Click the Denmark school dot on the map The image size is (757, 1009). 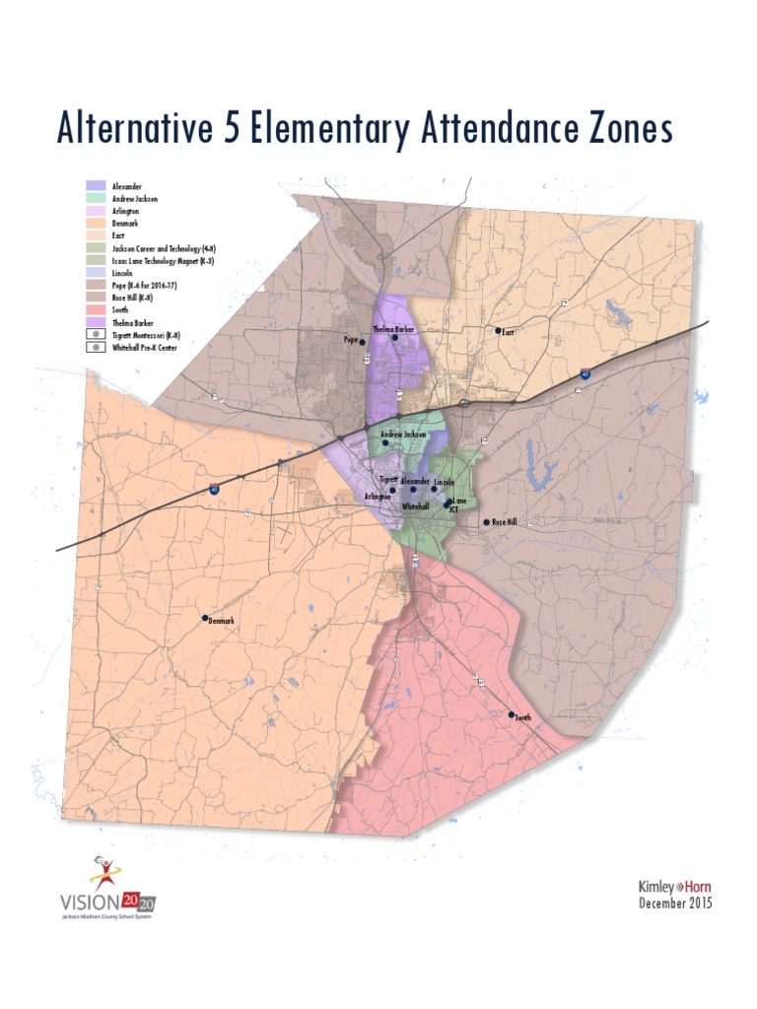(205, 618)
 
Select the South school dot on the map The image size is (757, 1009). (511, 714)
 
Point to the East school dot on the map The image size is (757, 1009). (498, 331)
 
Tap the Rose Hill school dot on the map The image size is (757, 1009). (486, 522)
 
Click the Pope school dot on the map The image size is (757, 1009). (362, 342)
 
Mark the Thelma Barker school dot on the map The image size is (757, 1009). (395, 337)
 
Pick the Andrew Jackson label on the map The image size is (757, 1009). (403, 434)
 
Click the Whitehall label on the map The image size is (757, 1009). (416, 505)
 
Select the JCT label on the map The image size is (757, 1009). (453, 510)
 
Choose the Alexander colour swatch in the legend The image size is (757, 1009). (96, 185)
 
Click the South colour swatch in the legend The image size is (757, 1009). (96, 309)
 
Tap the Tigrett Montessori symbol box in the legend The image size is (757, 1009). (96, 335)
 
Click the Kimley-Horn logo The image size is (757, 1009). (674, 887)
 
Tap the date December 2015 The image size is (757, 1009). (674, 903)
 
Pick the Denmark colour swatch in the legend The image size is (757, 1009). (96, 223)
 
